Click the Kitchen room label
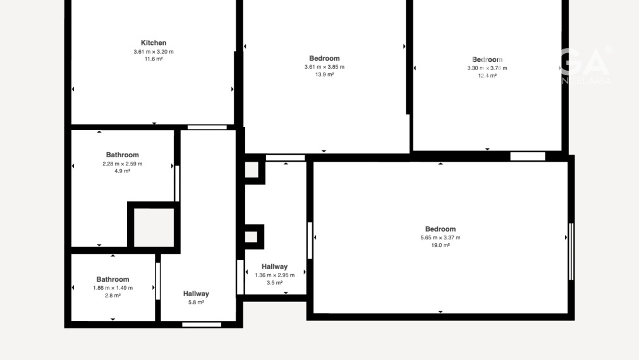click(x=154, y=43)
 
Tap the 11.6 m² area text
click(x=154, y=59)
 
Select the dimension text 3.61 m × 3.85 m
click(x=324, y=67)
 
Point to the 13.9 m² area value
click(x=324, y=75)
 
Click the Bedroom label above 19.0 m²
click(x=440, y=229)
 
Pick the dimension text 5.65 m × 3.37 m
click(x=440, y=237)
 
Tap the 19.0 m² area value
click(x=440, y=245)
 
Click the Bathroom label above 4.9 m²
click(x=122, y=155)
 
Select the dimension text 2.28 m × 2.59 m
click(x=122, y=164)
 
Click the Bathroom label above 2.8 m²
click(x=113, y=279)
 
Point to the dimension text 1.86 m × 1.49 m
click(x=113, y=288)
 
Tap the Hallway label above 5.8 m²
click(x=196, y=294)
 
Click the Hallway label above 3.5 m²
click(x=274, y=267)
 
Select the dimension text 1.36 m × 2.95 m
click(x=274, y=275)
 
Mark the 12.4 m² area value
click(x=487, y=76)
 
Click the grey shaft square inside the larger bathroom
click(x=154, y=227)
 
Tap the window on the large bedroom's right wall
click(x=571, y=251)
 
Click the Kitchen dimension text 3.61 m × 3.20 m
click(x=154, y=51)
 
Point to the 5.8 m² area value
click(x=196, y=303)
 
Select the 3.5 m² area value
click(x=274, y=283)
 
